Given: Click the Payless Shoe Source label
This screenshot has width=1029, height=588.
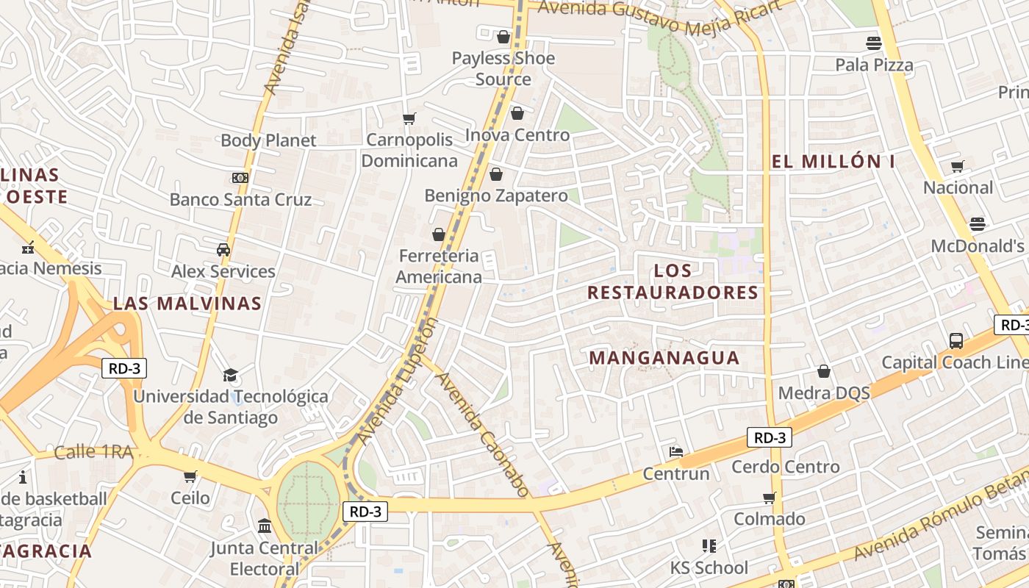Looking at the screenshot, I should coord(503,68).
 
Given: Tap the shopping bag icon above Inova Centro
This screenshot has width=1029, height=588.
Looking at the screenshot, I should coord(517,113).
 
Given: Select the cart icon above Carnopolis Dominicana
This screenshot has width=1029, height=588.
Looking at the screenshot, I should coord(409,118).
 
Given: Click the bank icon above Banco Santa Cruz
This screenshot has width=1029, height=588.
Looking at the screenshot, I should coord(240,178).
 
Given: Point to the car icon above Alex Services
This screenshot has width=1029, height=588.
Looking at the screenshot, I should coord(223,250).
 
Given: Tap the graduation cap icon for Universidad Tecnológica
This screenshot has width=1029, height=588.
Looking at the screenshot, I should coord(231,375).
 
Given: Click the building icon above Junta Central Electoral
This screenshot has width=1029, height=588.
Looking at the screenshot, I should coord(265,526).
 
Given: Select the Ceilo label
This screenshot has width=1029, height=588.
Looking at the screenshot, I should coord(190,498).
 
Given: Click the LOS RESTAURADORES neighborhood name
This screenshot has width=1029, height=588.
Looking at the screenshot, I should coord(673,282).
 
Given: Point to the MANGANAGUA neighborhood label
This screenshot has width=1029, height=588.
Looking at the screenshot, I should coord(664,358).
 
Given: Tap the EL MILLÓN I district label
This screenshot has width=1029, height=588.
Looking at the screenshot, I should coord(833,162).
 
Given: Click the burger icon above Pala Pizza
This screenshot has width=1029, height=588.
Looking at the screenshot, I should coord(874,43).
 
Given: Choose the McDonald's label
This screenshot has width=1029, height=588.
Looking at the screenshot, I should coord(978,246).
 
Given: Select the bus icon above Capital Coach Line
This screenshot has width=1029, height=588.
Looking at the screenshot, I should coord(956,341).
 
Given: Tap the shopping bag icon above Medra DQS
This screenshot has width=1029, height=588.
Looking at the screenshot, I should coord(824,371).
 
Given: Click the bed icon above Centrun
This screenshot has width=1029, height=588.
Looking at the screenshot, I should coord(676,451).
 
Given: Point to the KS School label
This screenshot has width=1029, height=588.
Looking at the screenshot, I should coord(709,567).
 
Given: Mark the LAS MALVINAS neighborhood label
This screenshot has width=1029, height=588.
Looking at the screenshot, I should coord(187,304).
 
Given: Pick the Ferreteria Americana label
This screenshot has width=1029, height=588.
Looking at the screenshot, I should coord(439,266).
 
